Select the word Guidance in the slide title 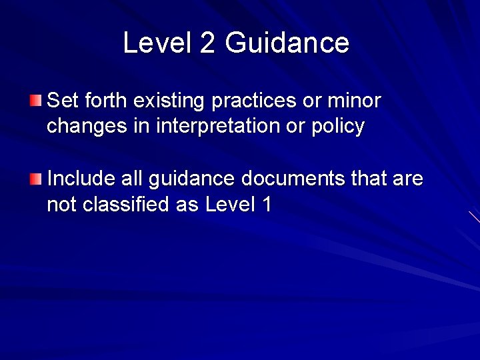point(287,43)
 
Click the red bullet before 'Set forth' point(36,101)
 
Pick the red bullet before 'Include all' point(36,179)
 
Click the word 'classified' point(126,204)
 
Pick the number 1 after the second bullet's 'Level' point(267,204)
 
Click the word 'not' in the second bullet point(62,204)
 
